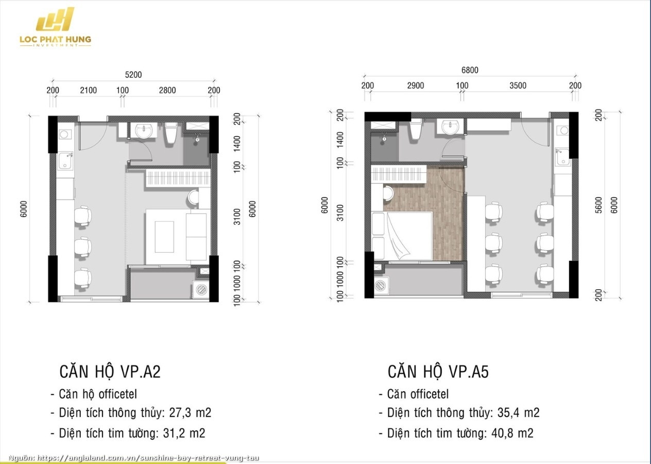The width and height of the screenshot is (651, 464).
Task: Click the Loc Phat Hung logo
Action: pyautogui.click(x=55, y=27)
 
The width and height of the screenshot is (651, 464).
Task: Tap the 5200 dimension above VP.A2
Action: pyautogui.click(x=133, y=75)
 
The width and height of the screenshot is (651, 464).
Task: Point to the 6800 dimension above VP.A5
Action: pyautogui.click(x=470, y=70)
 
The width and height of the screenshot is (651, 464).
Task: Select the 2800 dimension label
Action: pyautogui.click(x=167, y=90)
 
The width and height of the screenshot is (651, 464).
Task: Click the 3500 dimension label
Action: pyautogui.click(x=518, y=86)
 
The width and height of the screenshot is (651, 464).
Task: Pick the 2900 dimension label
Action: pyautogui.click(x=416, y=86)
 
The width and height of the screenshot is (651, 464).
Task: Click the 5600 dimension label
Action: pyautogui.click(x=598, y=205)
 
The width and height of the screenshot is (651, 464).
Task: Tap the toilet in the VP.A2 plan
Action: pyautogui.click(x=171, y=133)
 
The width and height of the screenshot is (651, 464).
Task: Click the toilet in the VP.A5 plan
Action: pyautogui.click(x=416, y=129)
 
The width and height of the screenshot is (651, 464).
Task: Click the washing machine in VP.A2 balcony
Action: pyautogui.click(x=201, y=289)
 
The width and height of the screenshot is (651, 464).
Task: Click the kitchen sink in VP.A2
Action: pyautogui.click(x=65, y=161)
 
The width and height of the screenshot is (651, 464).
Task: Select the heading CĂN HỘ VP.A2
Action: pyautogui.click(x=110, y=372)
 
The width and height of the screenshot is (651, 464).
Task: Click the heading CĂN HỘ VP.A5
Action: pyautogui.click(x=438, y=372)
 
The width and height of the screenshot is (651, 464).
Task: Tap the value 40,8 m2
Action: pyautogui.click(x=512, y=433)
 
